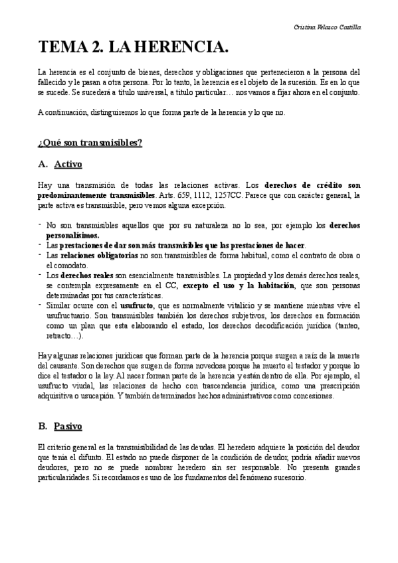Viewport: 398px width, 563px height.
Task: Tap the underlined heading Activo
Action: click(68, 163)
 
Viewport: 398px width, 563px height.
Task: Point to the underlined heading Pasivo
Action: click(69, 425)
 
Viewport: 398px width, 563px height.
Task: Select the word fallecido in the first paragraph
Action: click(52, 82)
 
